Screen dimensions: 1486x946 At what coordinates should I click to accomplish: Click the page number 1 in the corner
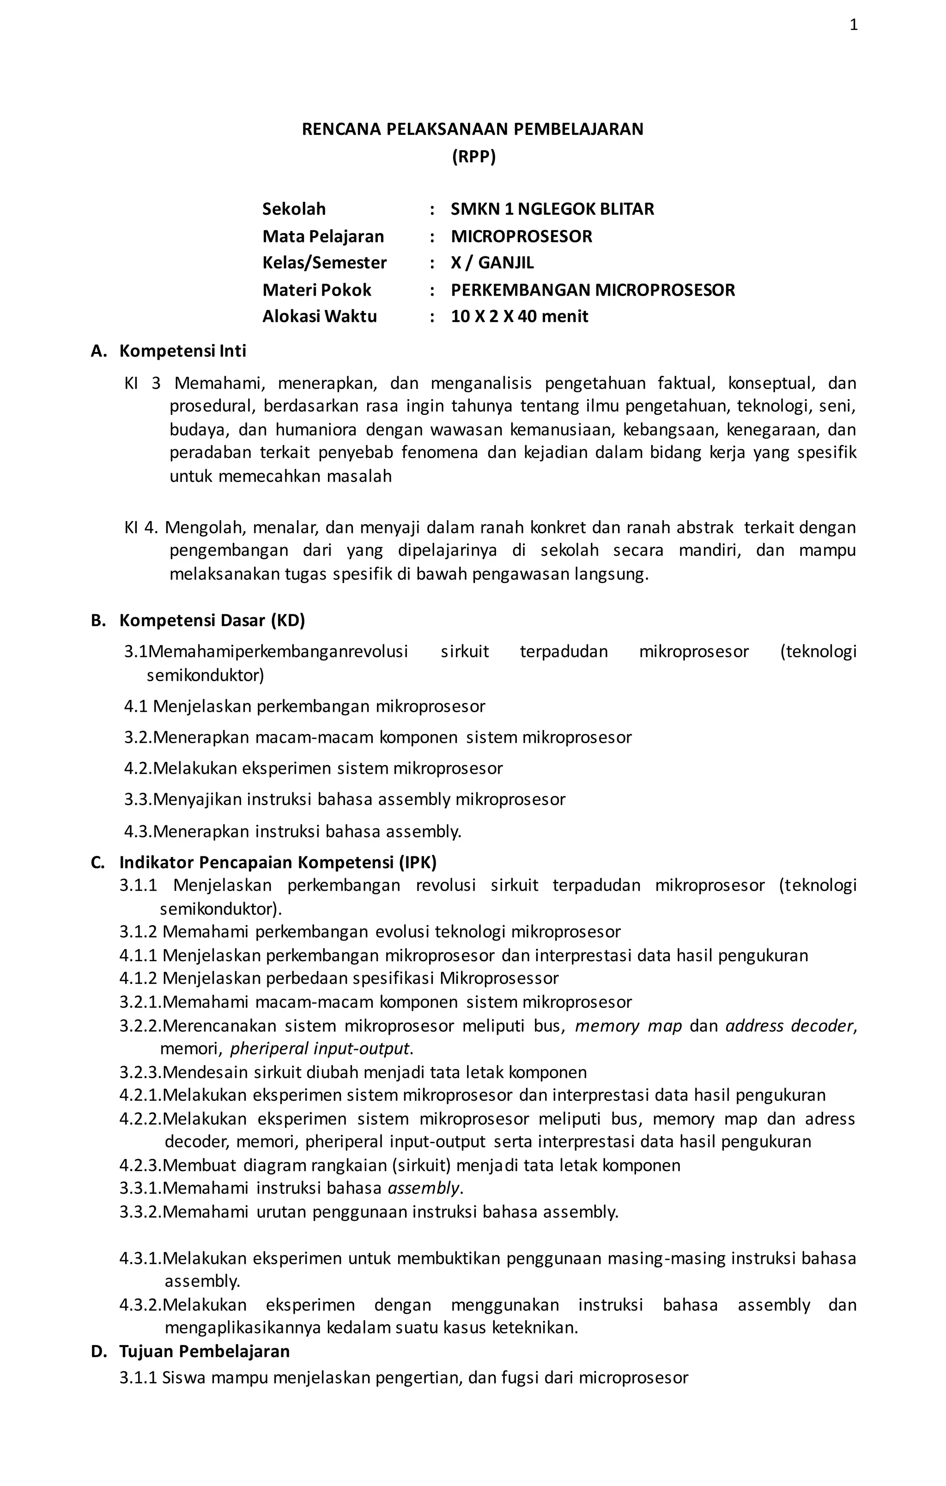tap(854, 25)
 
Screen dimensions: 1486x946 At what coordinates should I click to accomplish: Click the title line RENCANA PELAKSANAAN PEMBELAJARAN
tap(472, 129)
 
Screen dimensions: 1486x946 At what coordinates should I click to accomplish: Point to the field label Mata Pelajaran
tap(323, 237)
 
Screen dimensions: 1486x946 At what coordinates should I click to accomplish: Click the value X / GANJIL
tap(492, 263)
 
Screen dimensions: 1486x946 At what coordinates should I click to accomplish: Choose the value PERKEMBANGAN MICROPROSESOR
tap(593, 290)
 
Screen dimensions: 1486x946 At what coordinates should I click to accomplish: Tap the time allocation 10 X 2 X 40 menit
tap(519, 316)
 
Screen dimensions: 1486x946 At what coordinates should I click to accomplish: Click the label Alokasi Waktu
tap(319, 316)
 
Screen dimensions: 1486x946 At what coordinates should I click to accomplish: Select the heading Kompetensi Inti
tap(182, 351)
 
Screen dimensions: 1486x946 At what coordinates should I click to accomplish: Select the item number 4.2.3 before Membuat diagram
tap(139, 1165)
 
